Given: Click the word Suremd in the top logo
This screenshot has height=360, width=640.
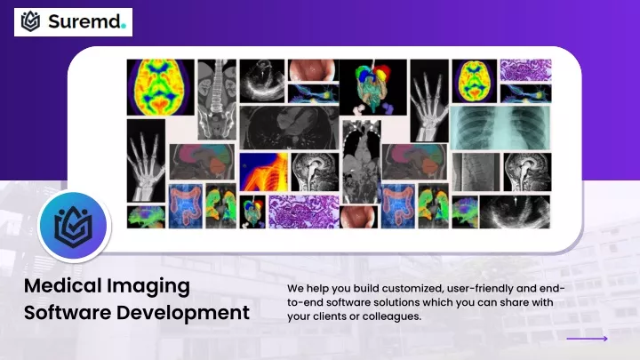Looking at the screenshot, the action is click(x=84, y=21).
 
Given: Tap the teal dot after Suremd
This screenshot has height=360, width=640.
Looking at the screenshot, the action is click(x=124, y=27).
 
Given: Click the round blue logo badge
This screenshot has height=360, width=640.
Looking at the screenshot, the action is click(x=74, y=226).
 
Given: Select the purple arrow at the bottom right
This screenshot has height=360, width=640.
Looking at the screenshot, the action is click(x=587, y=339).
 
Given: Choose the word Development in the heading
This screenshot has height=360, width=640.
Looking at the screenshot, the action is click(x=183, y=314).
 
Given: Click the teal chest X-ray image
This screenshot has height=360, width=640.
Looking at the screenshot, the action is click(x=500, y=128).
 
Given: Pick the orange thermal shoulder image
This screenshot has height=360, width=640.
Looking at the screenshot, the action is click(x=264, y=172).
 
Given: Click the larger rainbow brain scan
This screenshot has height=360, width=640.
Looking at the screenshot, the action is click(x=160, y=87).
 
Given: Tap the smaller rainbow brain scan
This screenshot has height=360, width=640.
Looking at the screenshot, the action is click(x=475, y=81).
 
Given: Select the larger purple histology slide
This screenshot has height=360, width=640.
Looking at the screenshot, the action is click(x=304, y=212).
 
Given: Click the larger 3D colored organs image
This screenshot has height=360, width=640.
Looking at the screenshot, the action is click(x=373, y=87).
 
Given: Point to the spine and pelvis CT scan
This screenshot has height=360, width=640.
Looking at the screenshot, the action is click(x=217, y=100).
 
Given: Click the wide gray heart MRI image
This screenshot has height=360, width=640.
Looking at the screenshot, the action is click(x=289, y=127).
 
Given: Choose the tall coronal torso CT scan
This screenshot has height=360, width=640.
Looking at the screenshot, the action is click(x=362, y=161).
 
